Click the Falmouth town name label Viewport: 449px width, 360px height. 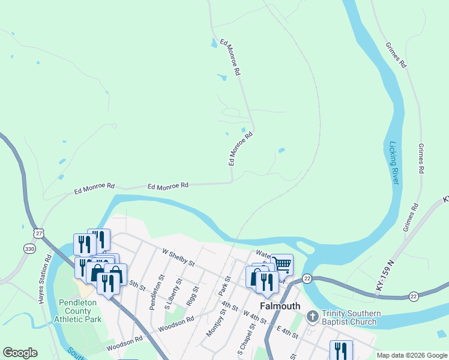(280, 306)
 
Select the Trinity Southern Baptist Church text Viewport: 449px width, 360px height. (351, 317)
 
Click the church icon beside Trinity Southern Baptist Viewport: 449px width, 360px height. (312, 316)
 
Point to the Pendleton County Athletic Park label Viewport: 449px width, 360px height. (80, 311)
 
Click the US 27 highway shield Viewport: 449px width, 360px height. (39, 233)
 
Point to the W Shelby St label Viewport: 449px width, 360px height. (179, 258)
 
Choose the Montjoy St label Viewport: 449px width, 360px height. (213, 324)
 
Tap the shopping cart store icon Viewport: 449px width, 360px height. (282, 263)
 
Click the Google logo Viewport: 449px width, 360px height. (20, 353)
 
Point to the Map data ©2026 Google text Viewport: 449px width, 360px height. (412, 355)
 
